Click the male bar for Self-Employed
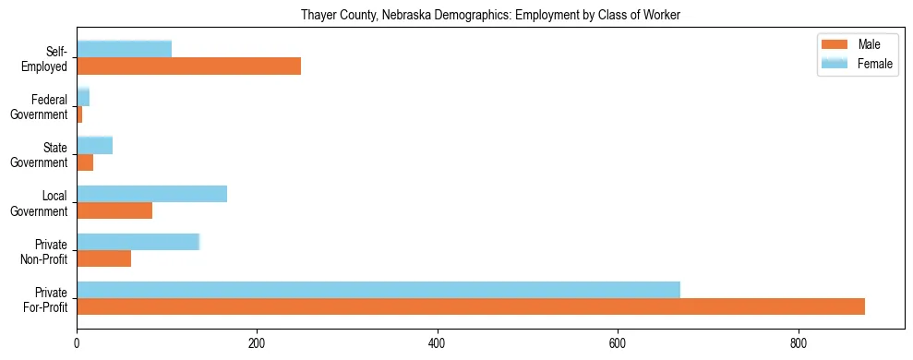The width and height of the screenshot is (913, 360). pyautogui.click(x=188, y=66)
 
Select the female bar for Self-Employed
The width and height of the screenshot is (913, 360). pyautogui.click(x=124, y=49)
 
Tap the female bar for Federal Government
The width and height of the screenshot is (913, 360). pyautogui.click(x=83, y=97)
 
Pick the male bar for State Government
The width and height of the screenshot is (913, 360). pyautogui.click(x=85, y=162)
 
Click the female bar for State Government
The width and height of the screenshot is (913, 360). pyautogui.click(x=94, y=145)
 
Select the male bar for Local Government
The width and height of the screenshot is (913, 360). pyautogui.click(x=114, y=210)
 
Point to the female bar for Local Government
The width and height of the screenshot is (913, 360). pyautogui.click(x=151, y=194)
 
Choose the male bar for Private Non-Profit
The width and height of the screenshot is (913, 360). pyautogui.click(x=103, y=258)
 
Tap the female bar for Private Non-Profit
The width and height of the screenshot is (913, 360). pyautogui.click(x=138, y=242)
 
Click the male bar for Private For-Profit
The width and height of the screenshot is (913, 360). pyautogui.click(x=471, y=306)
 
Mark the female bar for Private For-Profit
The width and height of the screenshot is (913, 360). pyautogui.click(x=378, y=290)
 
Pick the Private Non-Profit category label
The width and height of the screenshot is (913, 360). pyautogui.click(x=45, y=251)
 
